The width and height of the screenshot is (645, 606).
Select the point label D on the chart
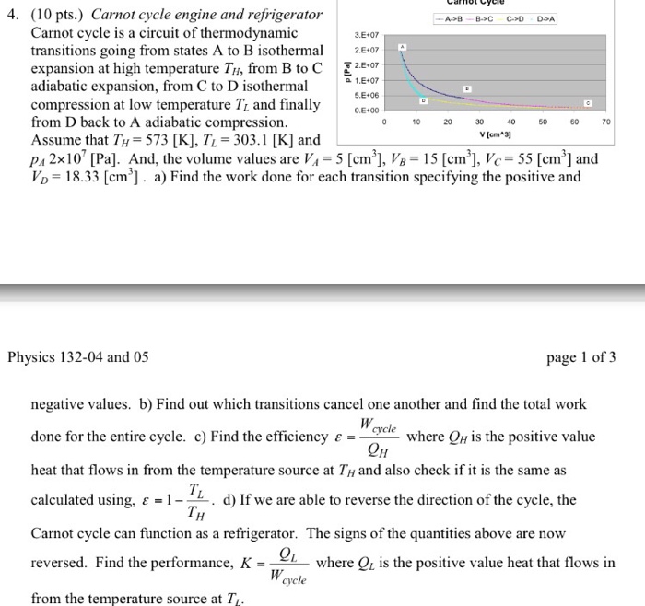pyautogui.click(x=423, y=99)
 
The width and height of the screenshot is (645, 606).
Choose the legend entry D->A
pyautogui.click(x=545, y=18)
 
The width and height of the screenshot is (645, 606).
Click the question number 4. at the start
pyautogui.click(x=11, y=16)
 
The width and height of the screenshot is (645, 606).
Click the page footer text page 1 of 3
pyautogui.click(x=581, y=357)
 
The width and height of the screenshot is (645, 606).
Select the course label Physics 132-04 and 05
pyautogui.click(x=77, y=357)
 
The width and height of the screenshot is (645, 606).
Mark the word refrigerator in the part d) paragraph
pyautogui.click(x=252, y=533)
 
